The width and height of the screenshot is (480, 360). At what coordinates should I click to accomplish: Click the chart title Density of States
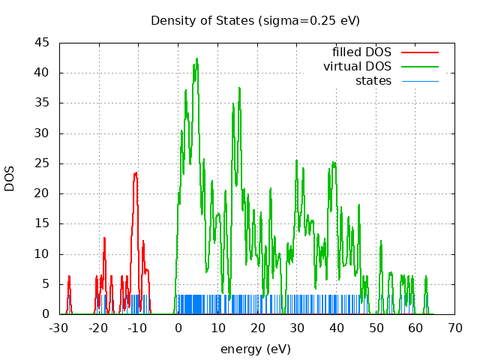[x=255, y=20]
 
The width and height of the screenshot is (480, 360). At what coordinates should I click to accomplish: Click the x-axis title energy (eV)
[x=255, y=349]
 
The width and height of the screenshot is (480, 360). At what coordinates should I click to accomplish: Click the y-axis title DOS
[x=10, y=178]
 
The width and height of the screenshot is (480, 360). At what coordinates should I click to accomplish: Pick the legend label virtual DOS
[x=357, y=66]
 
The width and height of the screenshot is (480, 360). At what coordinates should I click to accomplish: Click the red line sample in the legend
[x=419, y=52]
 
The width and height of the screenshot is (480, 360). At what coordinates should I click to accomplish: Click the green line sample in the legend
[x=419, y=66]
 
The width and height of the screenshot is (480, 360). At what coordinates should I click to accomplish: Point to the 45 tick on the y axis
[x=42, y=43]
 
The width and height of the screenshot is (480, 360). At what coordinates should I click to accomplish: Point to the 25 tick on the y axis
[x=42, y=163]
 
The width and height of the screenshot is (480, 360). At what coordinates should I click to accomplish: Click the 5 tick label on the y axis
[x=46, y=284]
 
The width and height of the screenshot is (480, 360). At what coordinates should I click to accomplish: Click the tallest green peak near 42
[x=196, y=58]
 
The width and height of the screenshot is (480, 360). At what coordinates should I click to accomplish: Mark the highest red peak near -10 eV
[x=136, y=172]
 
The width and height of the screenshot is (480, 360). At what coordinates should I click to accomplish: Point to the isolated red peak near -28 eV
[x=69, y=276]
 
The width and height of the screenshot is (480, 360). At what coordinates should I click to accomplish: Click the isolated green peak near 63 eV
[x=426, y=277]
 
